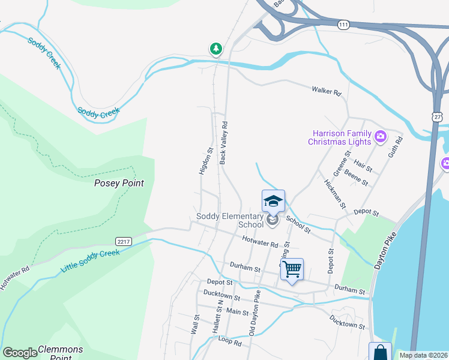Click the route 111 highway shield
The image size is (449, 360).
tap(343, 25)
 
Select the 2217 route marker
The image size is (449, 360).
tap(124, 241)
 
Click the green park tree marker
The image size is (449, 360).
tap(215, 49)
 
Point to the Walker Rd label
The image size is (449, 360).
tap(326, 92)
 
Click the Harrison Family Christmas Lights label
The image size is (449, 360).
tap(339, 137)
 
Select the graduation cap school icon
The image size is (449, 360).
tap(273, 201)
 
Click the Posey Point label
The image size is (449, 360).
tap(119, 183)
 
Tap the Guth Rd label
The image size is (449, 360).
tap(396, 146)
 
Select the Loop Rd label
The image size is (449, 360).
tap(229, 341)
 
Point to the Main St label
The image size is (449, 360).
tap(238, 311)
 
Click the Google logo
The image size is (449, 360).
tap(20, 352)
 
